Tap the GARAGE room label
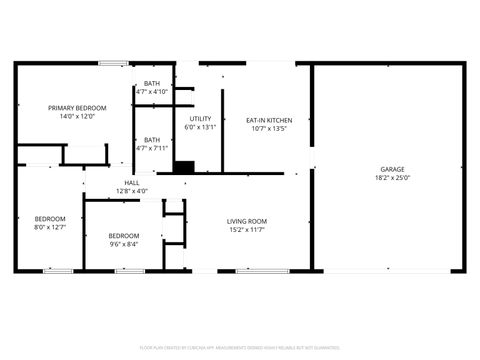[392, 169]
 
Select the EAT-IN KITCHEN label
[269, 120]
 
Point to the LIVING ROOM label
[246, 221]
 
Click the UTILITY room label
[200, 119]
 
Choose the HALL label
[132, 182]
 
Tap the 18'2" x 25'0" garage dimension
[392, 178]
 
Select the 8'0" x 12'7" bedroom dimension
[50, 227]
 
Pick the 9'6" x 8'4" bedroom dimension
[124, 243]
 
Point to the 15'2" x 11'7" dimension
[246, 230]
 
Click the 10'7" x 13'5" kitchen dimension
[269, 128]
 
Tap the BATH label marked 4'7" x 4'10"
[152, 84]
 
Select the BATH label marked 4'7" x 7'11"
[152, 140]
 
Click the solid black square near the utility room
[183, 167]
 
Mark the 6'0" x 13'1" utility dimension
[200, 127]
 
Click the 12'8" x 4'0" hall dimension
[132, 190]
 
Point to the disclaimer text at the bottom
[240, 347]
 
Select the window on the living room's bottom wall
[256, 270]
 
